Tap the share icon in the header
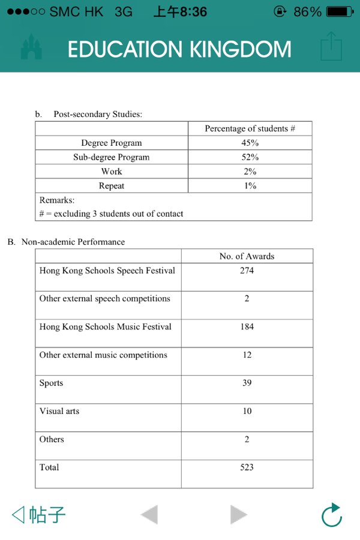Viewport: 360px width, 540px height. [331, 47]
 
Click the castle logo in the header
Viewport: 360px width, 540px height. [31, 47]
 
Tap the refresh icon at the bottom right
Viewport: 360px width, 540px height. [331, 515]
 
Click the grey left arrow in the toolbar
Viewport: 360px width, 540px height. [149, 515]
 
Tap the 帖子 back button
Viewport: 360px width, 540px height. [39, 514]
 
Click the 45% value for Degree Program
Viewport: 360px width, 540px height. [250, 143]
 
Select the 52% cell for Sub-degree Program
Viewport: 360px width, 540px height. [250, 157]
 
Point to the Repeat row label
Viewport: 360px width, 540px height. [112, 186]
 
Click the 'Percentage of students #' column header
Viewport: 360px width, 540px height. [250, 128]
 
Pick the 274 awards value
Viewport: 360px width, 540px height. [247, 271]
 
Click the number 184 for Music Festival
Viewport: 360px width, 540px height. [247, 327]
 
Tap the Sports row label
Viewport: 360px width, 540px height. [52, 383]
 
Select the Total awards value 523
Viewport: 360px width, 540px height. [247, 467]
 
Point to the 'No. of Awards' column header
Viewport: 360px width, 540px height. [247, 256]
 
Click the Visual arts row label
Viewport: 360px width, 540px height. [59, 411]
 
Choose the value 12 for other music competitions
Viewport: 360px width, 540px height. [247, 355]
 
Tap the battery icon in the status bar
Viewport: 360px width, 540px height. [340, 11]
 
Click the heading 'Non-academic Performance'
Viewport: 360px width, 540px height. [73, 242]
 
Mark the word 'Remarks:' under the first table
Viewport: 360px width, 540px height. [57, 200]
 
